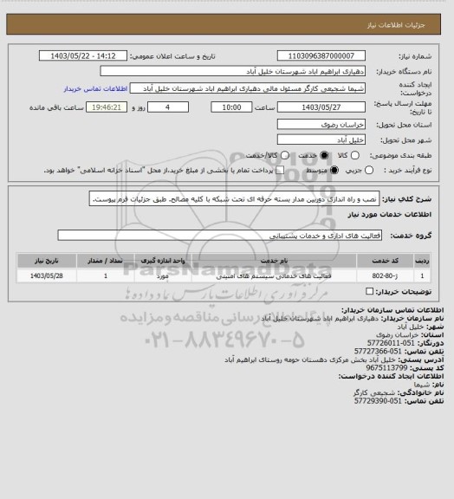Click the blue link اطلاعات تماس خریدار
(96, 89)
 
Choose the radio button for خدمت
(324, 154)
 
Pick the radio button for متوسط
(323, 171)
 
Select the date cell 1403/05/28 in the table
(42, 275)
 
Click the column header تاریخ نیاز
(42, 259)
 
